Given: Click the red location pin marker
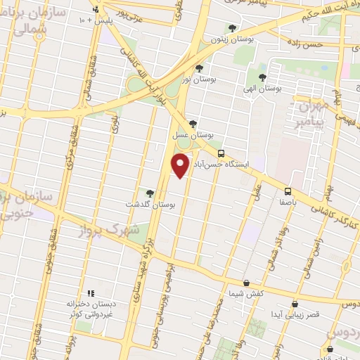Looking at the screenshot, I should coord(180,165).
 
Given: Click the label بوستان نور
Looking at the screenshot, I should coord(195,79).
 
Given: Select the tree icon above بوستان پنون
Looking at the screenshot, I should coord(232,29).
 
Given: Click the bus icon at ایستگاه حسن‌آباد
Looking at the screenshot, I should coord(221,153).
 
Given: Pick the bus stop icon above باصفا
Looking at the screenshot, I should coord(288,191).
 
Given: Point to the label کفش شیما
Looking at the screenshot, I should coord(245,293).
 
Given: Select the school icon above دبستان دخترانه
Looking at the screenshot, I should coord(90,293).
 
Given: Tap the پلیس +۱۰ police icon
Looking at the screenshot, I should coord(96,9).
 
